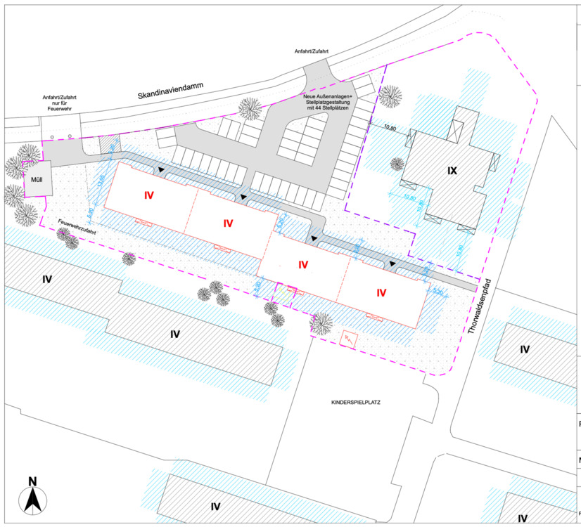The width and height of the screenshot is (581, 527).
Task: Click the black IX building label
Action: (452, 170)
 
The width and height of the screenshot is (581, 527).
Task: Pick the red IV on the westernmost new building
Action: (149, 194)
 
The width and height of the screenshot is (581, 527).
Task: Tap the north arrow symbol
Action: (32, 500)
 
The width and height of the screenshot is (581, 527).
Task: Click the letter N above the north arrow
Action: (32, 481)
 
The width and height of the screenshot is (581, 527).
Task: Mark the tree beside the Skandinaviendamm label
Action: (249, 108)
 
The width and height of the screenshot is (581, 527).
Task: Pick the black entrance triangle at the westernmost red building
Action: (162, 171)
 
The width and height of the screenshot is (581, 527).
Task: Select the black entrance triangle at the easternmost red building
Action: (393, 265)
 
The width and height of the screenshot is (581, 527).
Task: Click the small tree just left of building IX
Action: (397, 164)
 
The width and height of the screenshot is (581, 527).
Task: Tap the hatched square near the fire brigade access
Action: (107, 144)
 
